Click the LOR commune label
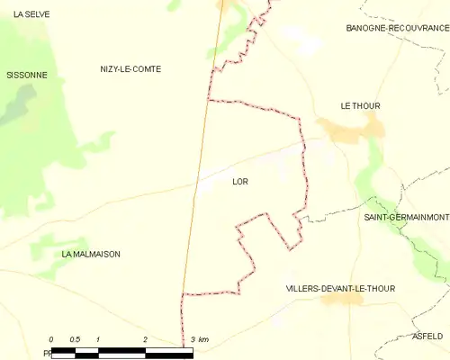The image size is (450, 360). [239, 182]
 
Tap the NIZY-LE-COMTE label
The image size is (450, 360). [130, 69]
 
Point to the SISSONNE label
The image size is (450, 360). [26, 75]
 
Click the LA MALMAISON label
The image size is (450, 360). [90, 255]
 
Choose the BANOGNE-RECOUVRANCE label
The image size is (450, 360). [397, 28]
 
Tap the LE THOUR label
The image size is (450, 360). [360, 106]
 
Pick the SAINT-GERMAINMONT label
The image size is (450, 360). [406, 218]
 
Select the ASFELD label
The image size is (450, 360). [427, 336]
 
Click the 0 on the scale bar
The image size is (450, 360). [51, 339]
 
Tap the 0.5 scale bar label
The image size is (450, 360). [75, 339]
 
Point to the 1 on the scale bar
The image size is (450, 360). [98, 339]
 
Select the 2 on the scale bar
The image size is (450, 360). [145, 339]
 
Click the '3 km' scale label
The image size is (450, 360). [199, 339]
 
